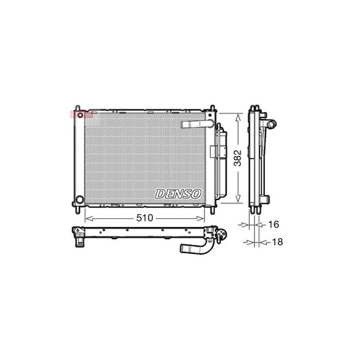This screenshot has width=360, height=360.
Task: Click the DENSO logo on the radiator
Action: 179,193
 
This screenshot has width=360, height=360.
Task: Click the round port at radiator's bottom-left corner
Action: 80,200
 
